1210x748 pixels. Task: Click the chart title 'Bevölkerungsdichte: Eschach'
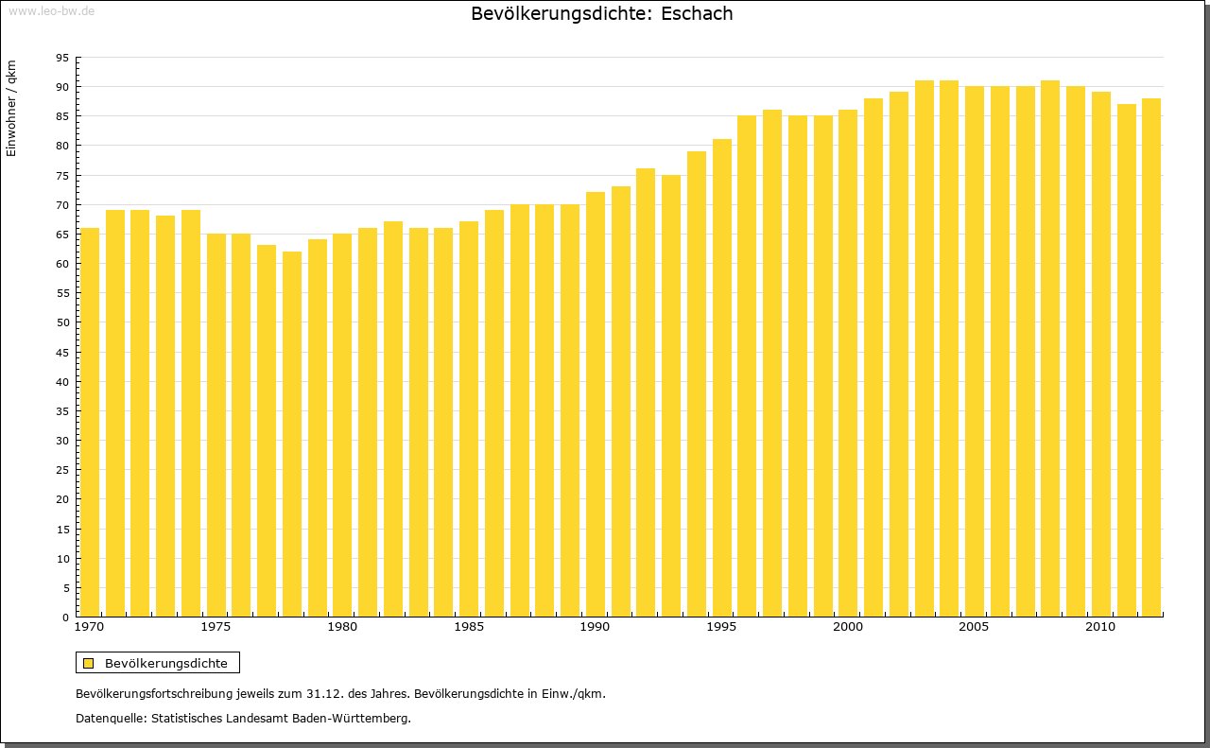tap(601, 14)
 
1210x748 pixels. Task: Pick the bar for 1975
tap(216, 425)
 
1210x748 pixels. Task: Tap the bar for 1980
tap(342, 425)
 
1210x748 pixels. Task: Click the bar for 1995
tap(722, 377)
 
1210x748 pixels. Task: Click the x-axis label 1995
tap(722, 627)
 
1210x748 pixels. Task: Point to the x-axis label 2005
tap(975, 627)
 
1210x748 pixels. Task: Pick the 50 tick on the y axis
tap(62, 322)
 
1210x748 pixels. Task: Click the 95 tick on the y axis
tap(62, 58)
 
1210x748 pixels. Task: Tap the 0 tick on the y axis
tap(65, 618)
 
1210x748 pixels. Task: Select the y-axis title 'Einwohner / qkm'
tap(11, 108)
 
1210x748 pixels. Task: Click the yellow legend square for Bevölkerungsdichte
tap(89, 663)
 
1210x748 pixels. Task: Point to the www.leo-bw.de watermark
tap(50, 10)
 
